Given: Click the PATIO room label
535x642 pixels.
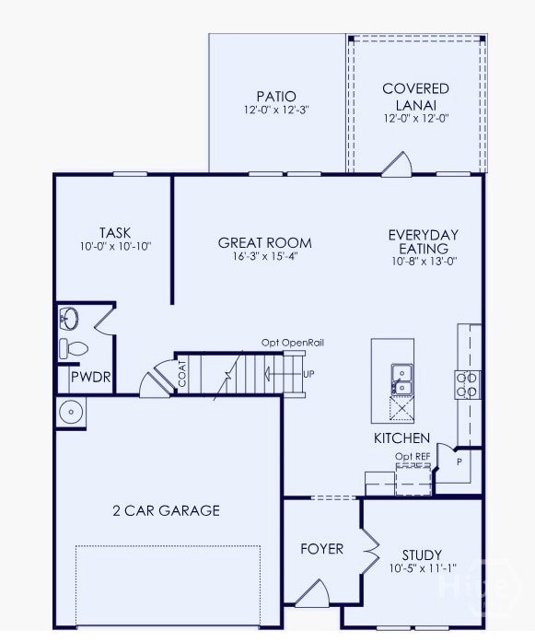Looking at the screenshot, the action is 276,96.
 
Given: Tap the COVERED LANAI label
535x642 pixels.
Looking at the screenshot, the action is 416,97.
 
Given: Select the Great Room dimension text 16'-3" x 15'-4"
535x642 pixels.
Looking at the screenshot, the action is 265,257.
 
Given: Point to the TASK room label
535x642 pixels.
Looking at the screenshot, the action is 115,232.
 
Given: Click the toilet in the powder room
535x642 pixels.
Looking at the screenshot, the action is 74,348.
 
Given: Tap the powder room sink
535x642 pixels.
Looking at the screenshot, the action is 69,319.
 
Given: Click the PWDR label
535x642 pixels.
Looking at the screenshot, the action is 91,377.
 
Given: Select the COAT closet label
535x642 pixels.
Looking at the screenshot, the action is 182,373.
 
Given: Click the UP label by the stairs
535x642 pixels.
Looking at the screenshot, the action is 308,374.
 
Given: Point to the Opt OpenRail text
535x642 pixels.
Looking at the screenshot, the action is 293,343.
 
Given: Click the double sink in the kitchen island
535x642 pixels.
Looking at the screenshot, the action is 402,379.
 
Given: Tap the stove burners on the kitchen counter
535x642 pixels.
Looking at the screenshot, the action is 467,385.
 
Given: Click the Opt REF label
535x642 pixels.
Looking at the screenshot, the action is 413,456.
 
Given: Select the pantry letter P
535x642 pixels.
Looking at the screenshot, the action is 459,461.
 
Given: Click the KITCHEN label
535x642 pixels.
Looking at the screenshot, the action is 402,438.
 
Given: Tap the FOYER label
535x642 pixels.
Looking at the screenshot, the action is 321,549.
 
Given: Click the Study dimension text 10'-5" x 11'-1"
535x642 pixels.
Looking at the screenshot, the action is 423,568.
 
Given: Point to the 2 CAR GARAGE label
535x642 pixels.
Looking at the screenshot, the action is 166,510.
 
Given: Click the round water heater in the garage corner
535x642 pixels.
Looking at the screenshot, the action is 71,412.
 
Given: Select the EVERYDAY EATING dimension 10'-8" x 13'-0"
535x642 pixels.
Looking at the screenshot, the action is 425,262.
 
